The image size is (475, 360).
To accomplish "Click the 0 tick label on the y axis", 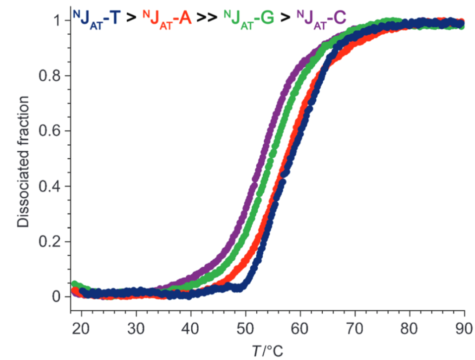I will (x=56, y=296).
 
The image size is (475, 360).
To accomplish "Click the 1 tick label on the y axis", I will (x=56, y=21).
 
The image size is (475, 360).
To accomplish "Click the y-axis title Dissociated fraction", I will (x=23, y=161).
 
